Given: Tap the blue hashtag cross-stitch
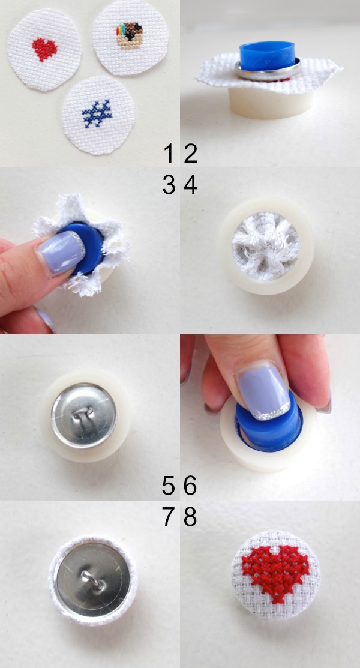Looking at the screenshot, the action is [x=97, y=114].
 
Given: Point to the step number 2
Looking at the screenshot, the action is [x=190, y=154].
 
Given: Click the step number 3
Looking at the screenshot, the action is [x=169, y=185].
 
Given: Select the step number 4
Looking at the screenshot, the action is [x=190, y=185].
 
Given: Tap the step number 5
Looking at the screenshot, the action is [x=169, y=485].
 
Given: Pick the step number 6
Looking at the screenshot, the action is [x=190, y=485].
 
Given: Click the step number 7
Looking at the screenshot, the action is [x=169, y=517].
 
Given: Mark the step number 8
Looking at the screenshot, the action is [x=190, y=517].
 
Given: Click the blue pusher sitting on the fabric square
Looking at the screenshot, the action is [x=267, y=54].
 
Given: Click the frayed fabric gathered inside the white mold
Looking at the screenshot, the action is [x=266, y=247].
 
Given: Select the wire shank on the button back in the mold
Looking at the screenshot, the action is [x=84, y=414].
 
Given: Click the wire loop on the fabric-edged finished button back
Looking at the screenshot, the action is [x=92, y=580].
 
